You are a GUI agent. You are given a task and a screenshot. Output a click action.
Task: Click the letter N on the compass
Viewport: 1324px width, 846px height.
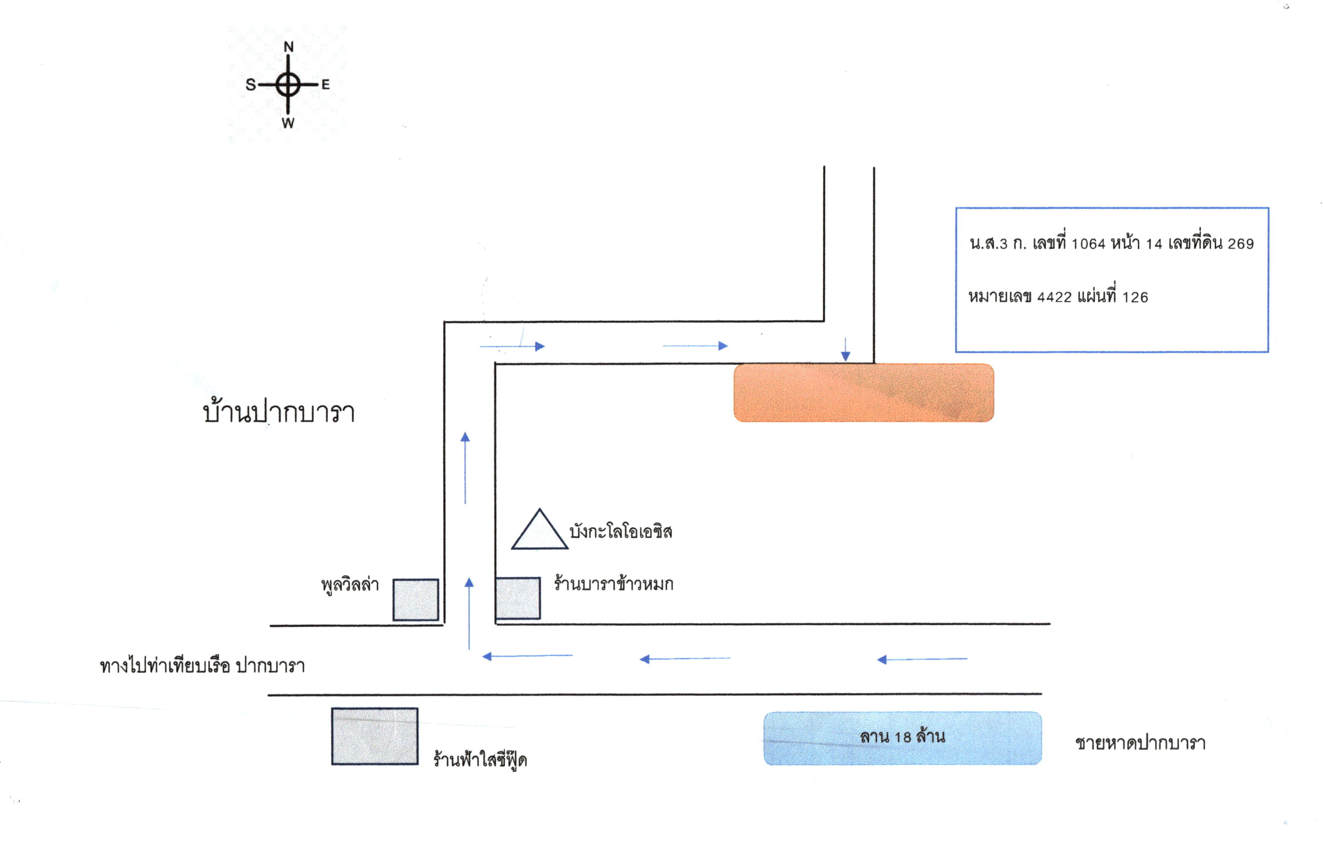pos(288,47)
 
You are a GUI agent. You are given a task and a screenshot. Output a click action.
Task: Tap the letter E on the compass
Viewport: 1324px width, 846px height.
pos(326,85)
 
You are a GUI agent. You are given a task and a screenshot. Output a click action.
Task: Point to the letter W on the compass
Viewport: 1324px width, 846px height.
pos(288,123)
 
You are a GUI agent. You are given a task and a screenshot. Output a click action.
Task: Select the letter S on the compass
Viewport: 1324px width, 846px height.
pos(251,85)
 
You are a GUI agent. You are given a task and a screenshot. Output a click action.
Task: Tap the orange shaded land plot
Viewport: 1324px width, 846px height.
pos(864,392)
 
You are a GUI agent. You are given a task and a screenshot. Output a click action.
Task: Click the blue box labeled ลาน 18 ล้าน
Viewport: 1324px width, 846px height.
pos(902,738)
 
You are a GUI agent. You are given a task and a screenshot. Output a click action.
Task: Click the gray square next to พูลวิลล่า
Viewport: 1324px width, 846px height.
pos(416,600)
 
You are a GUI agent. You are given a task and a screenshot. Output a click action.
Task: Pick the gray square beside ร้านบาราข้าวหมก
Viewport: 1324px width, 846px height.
pos(517,598)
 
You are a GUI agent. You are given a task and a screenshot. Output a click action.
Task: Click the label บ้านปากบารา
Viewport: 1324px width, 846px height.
pos(279,412)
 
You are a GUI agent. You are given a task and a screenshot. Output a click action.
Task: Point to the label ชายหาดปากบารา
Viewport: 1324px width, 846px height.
pos(1140,743)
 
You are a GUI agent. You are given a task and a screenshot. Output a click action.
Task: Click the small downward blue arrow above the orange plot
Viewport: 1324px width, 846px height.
pos(846,349)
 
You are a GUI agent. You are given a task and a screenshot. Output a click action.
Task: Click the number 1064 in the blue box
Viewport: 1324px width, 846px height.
pos(1088,244)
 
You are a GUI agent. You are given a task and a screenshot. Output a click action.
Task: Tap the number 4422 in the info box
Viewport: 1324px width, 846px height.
pos(1054,298)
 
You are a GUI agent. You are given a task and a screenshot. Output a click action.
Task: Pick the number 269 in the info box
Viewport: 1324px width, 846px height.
pos(1241,244)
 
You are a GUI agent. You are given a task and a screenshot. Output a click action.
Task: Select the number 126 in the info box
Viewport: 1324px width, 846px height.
pos(1135,298)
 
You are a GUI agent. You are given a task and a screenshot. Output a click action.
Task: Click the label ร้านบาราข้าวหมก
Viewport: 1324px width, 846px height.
pos(613,584)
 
